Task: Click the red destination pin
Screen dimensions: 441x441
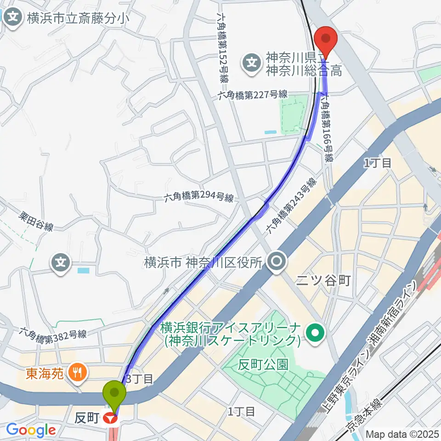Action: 326,39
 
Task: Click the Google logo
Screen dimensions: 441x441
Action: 31,430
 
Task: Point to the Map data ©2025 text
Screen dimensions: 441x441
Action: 402,434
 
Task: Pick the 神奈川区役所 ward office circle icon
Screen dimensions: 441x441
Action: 277,262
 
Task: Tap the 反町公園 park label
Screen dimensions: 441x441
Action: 263,365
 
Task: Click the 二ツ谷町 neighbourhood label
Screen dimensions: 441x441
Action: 323,280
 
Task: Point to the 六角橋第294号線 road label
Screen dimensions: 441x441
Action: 199,198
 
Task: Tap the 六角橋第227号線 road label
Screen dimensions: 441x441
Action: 253,94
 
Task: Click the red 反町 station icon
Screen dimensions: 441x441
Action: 109,419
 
